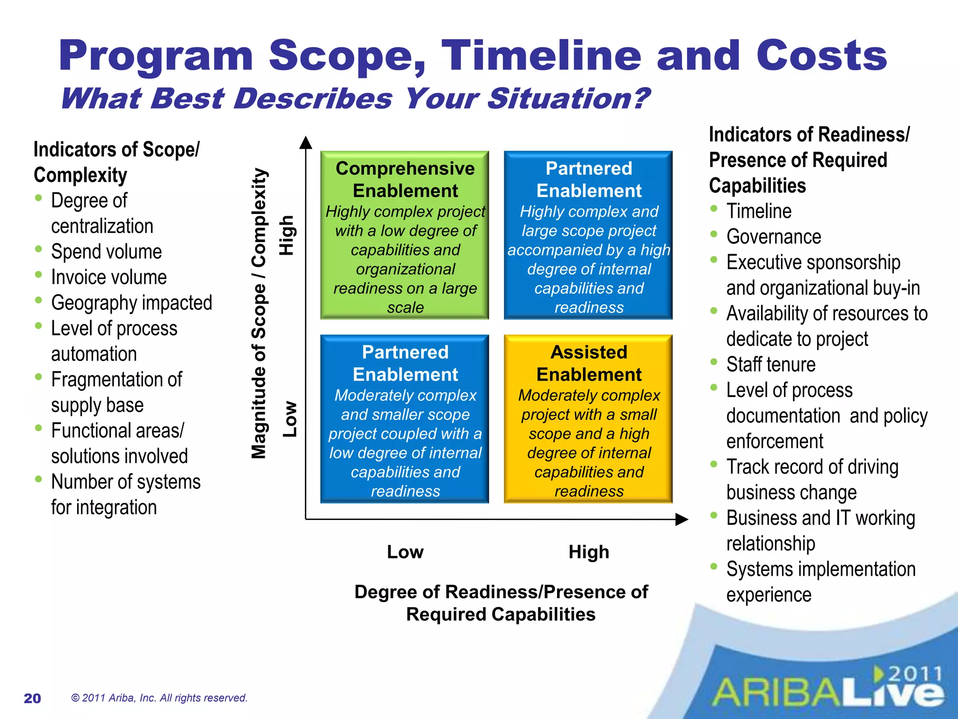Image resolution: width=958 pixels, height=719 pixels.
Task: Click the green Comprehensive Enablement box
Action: [405, 235]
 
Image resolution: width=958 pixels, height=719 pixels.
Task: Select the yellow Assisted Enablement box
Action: [588, 419]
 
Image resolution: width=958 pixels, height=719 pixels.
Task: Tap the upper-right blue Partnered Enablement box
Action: [588, 235]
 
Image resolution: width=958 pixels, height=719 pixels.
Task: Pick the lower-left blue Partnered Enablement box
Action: [405, 419]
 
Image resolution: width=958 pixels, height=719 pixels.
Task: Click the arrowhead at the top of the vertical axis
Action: [305, 142]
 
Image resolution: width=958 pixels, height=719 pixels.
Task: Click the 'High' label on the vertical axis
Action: [286, 235]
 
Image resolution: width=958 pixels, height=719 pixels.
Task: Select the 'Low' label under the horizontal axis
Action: [405, 552]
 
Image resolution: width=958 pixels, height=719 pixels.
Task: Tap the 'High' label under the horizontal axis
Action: [588, 552]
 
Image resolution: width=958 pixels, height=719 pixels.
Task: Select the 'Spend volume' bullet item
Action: [106, 252]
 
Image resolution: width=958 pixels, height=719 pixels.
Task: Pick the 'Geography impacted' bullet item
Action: [131, 303]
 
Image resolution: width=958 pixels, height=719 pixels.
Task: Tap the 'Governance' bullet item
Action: [773, 237]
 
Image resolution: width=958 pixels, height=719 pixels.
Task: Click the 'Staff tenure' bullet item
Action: [770, 365]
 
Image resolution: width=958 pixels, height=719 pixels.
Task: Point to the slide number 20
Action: [32, 698]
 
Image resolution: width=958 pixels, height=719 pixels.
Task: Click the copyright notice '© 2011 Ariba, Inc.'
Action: [159, 698]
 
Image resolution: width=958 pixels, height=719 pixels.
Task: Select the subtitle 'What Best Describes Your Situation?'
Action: [355, 99]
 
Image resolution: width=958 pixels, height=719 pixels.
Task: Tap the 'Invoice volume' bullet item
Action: [109, 278]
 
